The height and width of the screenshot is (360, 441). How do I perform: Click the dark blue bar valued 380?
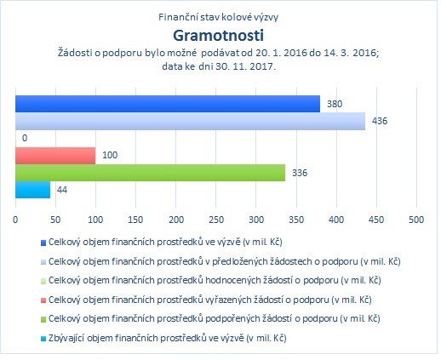[x=168, y=104]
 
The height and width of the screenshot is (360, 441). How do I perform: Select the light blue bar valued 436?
[x=191, y=121]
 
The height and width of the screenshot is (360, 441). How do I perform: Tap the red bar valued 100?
[x=55, y=156]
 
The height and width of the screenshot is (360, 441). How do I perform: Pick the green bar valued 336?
[x=151, y=173]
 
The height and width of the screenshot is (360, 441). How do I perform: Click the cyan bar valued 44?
[x=33, y=190]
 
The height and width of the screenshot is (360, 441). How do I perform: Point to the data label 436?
[x=380, y=121]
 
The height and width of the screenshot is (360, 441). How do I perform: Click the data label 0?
[x=25, y=138]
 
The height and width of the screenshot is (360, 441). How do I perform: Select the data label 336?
[x=300, y=173]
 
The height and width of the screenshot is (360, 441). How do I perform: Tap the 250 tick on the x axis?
[x=216, y=220]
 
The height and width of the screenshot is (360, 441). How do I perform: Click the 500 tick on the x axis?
[x=416, y=220]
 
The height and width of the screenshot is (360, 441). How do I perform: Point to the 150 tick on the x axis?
[x=135, y=220]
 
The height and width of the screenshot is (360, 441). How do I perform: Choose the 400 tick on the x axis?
[x=336, y=220]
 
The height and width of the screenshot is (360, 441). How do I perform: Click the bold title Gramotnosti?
[x=219, y=36]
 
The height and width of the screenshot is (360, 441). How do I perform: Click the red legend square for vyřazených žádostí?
[x=43, y=300]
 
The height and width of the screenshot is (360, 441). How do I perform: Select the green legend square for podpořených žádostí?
[x=43, y=319]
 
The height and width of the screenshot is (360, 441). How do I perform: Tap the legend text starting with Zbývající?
[x=168, y=338]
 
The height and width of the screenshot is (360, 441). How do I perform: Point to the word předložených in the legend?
[x=240, y=261]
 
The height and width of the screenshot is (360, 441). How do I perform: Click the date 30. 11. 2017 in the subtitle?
[x=246, y=66]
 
